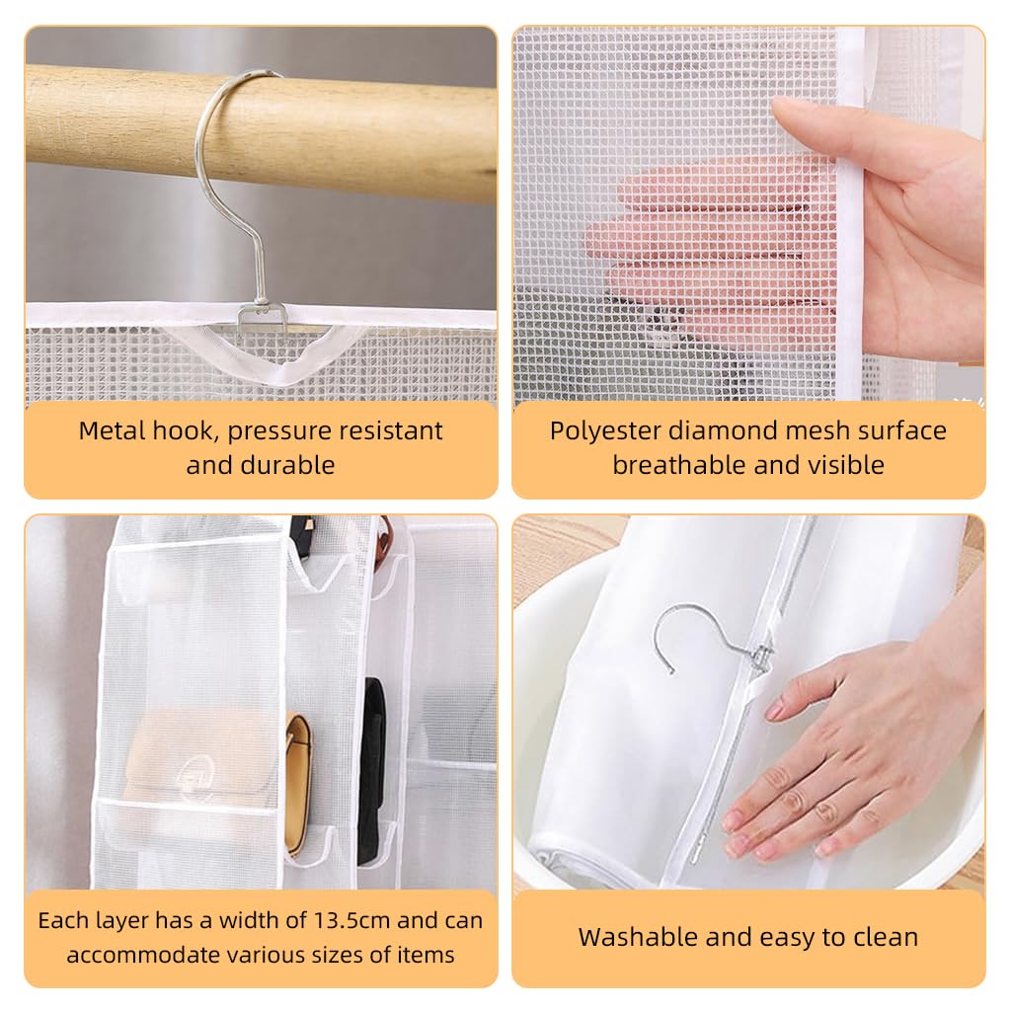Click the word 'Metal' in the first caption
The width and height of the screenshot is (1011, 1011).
pos(112,431)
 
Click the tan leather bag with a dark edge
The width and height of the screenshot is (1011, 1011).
pos(297,780)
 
